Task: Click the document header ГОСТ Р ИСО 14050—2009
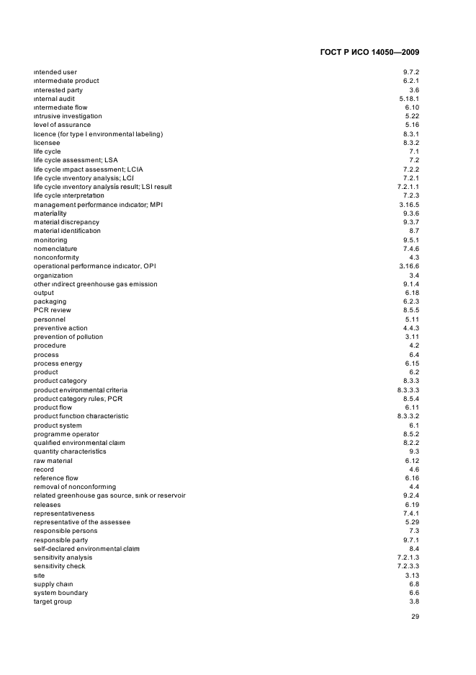point(369,53)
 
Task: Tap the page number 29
point(415,617)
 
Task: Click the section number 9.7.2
point(411,72)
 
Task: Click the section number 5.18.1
point(409,98)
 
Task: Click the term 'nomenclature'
point(55,249)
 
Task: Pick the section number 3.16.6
point(409,266)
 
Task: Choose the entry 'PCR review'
point(53,310)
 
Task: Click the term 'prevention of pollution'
point(68,337)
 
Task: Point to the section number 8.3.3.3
point(407,390)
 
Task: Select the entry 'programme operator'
point(66,434)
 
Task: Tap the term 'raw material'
point(53,461)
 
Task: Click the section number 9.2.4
point(411,496)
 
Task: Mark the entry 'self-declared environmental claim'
point(86,549)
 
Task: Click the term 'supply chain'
point(53,584)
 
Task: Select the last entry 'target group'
point(53,601)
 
